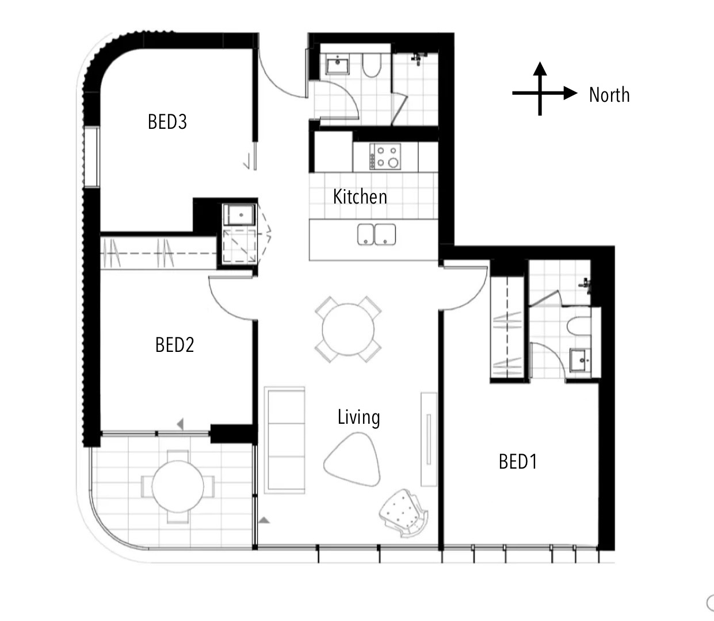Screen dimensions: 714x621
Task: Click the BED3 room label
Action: coord(167,122)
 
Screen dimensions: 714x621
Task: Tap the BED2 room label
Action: coord(174,345)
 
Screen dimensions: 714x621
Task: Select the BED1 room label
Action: coord(518,461)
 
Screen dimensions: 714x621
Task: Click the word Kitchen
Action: coord(360,197)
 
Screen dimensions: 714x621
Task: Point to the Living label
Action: coord(359,417)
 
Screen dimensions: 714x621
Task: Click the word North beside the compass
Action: coord(609,94)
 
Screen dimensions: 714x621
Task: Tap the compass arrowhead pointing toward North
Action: coord(570,93)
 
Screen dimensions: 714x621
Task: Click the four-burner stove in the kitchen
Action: coord(385,156)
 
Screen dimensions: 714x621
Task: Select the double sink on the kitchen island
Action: coord(376,235)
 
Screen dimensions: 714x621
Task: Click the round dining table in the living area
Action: coord(348,329)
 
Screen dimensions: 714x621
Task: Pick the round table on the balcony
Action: coord(178,486)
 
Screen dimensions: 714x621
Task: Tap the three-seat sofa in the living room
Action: coord(284,440)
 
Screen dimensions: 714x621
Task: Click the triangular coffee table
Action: coord(353,459)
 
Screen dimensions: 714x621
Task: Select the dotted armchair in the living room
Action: coord(403,513)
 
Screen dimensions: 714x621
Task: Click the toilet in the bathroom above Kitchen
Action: coord(372,65)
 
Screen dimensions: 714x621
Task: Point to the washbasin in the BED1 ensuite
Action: coord(580,360)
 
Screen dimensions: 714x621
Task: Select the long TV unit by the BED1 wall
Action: coord(429,439)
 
